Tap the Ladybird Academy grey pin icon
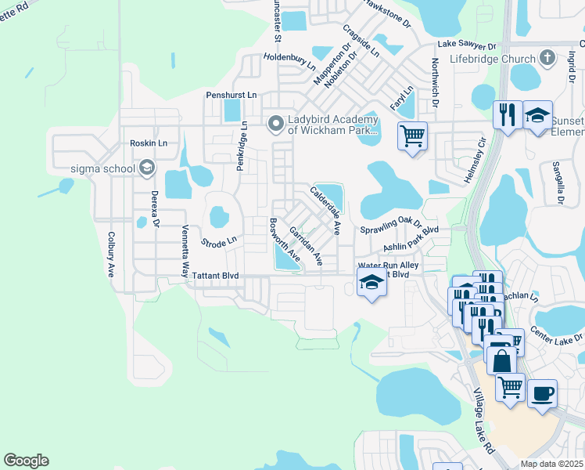pyautogui.click(x=275, y=124)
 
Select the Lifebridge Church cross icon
pyautogui.click(x=547, y=59)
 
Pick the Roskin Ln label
pyautogui.click(x=149, y=143)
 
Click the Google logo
pyautogui.click(x=26, y=461)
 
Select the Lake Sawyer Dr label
pyautogui.click(x=467, y=46)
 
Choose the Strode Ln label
pyautogui.click(x=218, y=241)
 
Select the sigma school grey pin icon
pyautogui.click(x=145, y=168)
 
